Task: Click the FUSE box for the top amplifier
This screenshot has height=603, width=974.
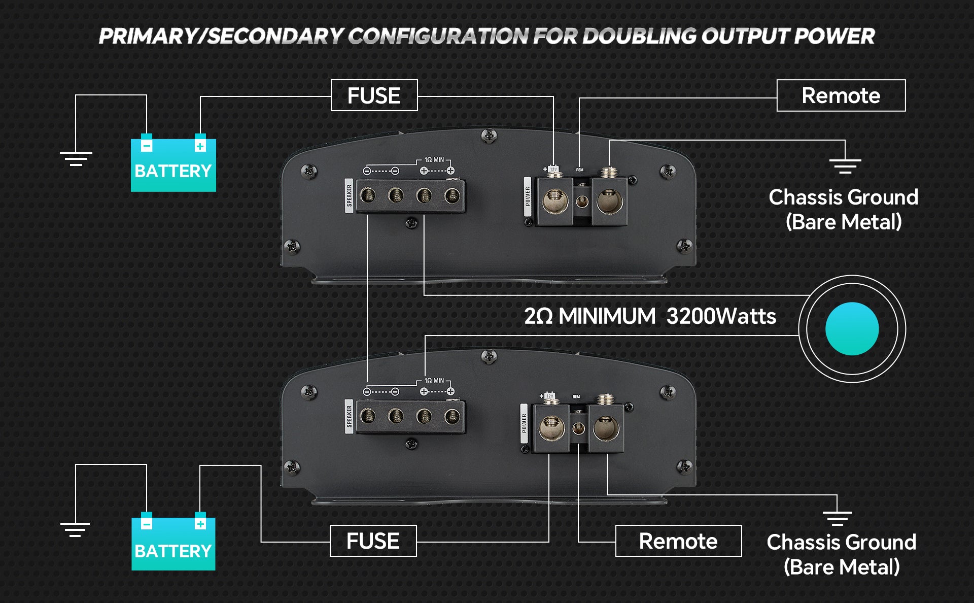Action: [x=374, y=95]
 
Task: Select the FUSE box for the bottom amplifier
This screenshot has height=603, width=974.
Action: [x=373, y=541]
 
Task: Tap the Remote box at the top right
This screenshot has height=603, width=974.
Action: [x=841, y=95]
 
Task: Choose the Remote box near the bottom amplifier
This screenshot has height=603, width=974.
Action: [x=678, y=541]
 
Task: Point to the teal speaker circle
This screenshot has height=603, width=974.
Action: [x=852, y=329]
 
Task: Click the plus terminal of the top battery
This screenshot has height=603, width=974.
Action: [x=200, y=146]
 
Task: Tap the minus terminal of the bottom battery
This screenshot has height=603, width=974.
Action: [x=146, y=524]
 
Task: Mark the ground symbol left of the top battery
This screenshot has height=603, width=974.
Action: [x=76, y=158]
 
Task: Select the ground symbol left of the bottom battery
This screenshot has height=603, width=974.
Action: [x=75, y=529]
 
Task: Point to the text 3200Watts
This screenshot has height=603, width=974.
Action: [x=721, y=316]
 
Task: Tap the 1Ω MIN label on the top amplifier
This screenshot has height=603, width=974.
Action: [x=434, y=160]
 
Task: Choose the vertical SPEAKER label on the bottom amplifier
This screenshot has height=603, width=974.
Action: [x=349, y=416]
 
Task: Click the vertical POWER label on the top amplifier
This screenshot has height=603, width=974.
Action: [x=528, y=196]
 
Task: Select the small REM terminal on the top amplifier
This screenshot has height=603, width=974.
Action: [x=582, y=202]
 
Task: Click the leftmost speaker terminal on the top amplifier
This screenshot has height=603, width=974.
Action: [x=368, y=195]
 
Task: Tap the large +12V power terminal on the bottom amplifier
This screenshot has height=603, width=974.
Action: [x=549, y=428]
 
